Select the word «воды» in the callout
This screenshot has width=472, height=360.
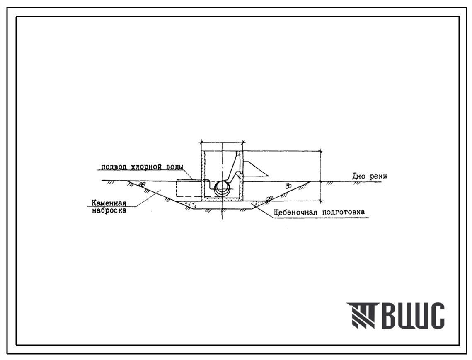click(x=174, y=167)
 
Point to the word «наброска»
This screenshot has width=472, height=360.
click(x=109, y=210)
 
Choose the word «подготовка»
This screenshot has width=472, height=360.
click(x=344, y=212)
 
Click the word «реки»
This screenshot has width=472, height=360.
click(x=378, y=177)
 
